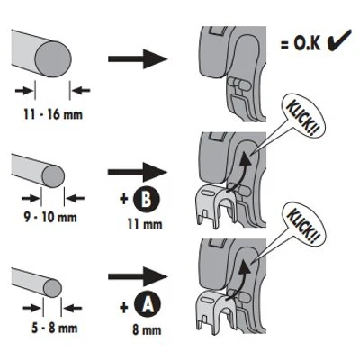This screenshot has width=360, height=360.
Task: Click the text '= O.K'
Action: (301, 43)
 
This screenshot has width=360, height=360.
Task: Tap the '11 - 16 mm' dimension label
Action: (53, 114)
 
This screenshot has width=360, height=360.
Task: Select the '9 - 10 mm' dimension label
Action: (50, 217)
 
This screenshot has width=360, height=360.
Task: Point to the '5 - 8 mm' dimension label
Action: (55, 328)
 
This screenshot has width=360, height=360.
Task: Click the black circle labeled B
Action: (147, 199)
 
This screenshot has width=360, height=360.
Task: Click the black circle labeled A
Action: (147, 305)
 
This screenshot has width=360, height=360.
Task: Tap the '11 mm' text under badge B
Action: (145, 224)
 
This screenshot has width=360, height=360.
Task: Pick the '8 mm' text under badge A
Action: (147, 330)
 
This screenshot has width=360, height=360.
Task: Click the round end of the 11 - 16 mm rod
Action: (53, 59)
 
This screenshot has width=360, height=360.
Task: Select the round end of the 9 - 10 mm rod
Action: (53, 176)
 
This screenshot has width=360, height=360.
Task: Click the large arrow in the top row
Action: (138, 58)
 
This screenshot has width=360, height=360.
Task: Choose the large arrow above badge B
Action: (138, 172)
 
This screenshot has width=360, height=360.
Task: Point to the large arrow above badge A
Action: (138, 276)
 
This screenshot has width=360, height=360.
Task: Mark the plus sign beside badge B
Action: (124, 199)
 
